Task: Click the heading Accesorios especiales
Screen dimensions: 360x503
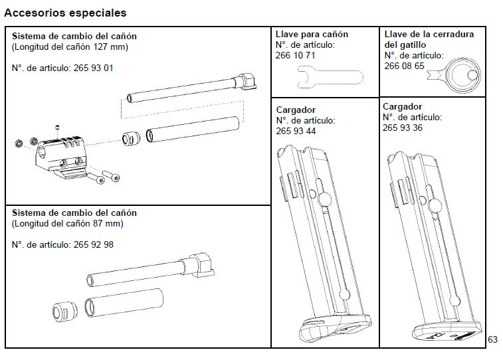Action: pyautogui.click(x=65, y=13)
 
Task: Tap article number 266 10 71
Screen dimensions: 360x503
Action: pyautogui.click(x=295, y=56)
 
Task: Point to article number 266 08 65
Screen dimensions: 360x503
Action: pyautogui.click(x=404, y=66)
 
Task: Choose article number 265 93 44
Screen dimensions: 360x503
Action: pyautogui.click(x=295, y=132)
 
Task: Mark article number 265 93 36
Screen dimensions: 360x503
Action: pyautogui.click(x=403, y=128)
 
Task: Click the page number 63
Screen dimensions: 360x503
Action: pyautogui.click(x=492, y=339)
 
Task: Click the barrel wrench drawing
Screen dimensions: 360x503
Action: pyautogui.click(x=319, y=80)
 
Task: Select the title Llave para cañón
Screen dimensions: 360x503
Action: pyautogui.click(x=311, y=35)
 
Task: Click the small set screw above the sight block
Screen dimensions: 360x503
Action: pyautogui.click(x=58, y=127)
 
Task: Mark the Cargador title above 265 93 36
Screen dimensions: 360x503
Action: pyautogui.click(x=402, y=106)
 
